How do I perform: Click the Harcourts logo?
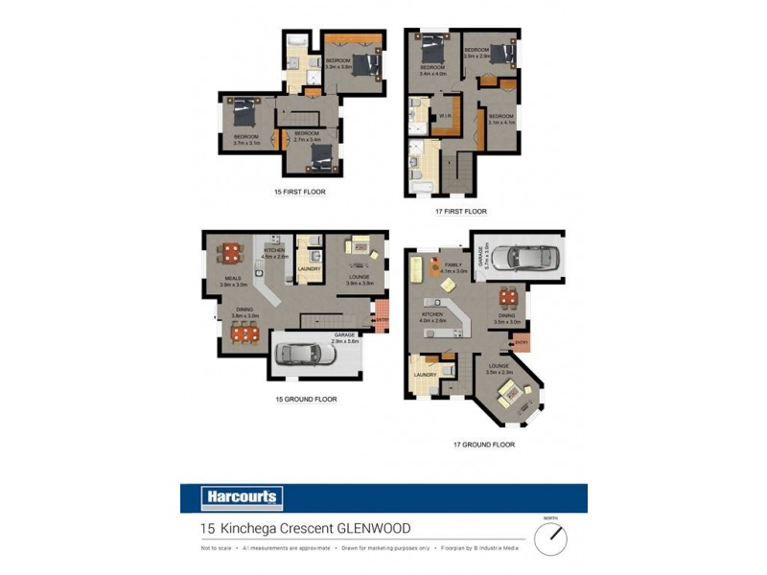(243, 497)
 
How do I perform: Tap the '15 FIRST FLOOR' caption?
(300, 192)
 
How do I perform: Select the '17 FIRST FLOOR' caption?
(461, 211)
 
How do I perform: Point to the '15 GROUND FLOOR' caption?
(305, 399)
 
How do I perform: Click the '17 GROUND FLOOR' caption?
(484, 445)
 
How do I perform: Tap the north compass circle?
(550, 539)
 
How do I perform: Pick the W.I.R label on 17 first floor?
(445, 120)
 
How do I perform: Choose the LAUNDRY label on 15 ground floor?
(309, 269)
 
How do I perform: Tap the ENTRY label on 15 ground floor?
(382, 320)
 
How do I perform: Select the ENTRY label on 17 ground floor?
(522, 341)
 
